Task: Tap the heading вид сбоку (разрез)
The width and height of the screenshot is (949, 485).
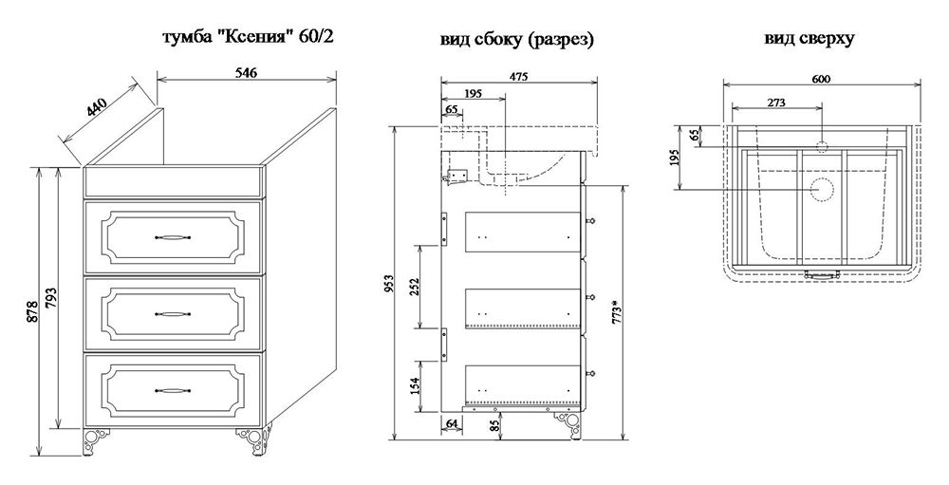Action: pyautogui.click(x=517, y=40)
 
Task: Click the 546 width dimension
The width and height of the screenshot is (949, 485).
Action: pyautogui.click(x=244, y=72)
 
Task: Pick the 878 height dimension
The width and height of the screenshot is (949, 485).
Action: pyautogui.click(x=32, y=313)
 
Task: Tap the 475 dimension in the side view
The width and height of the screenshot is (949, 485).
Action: pyautogui.click(x=517, y=77)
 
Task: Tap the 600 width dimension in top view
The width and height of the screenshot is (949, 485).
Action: pyautogui.click(x=822, y=79)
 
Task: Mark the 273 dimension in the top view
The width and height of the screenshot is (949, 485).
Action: pyautogui.click(x=775, y=102)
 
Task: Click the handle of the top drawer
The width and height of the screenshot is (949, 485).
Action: pyautogui.click(x=172, y=234)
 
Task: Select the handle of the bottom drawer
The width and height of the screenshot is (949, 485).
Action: pyautogui.click(x=172, y=388)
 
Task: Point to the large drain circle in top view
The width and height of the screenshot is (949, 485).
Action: pyautogui.click(x=822, y=189)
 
